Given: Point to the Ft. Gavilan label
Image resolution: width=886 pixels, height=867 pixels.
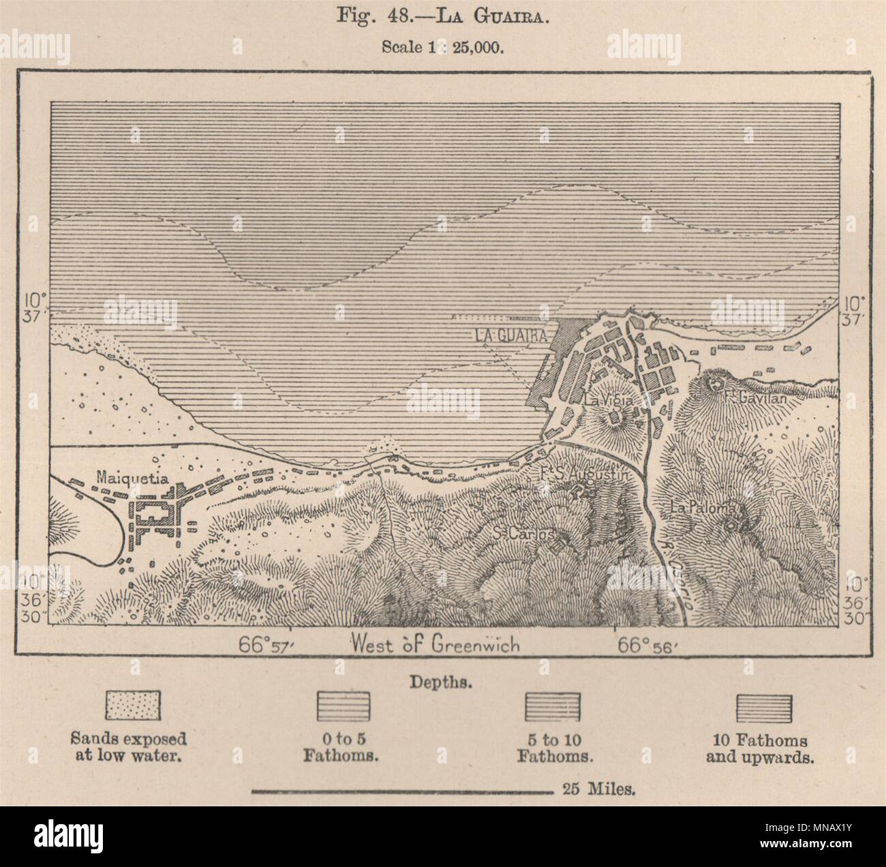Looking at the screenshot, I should coord(757,399).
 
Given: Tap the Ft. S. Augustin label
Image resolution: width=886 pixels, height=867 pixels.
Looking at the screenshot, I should coord(581,473).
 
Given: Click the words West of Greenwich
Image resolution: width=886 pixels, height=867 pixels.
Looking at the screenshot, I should coord(435,643).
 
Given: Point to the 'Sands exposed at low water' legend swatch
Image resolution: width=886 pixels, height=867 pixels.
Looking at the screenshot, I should coord(133,704).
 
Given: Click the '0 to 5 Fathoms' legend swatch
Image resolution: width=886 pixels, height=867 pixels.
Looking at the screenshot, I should coord(343,705).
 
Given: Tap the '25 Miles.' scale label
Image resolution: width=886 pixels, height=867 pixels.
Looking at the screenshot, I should coord(600,791).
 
